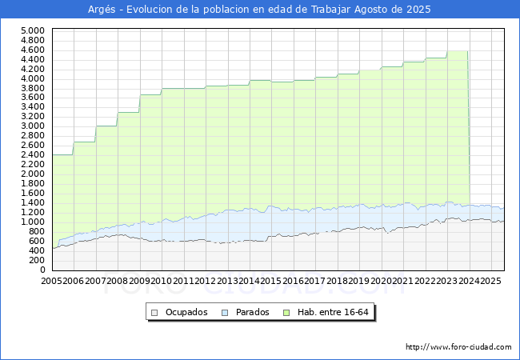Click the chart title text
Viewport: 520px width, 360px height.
point(259,10)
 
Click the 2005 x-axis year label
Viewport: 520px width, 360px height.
point(52,281)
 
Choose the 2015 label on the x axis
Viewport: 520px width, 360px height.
point(271,281)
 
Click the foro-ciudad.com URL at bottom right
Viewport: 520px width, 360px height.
point(458,347)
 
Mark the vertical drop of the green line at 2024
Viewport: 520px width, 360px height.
point(468,128)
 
